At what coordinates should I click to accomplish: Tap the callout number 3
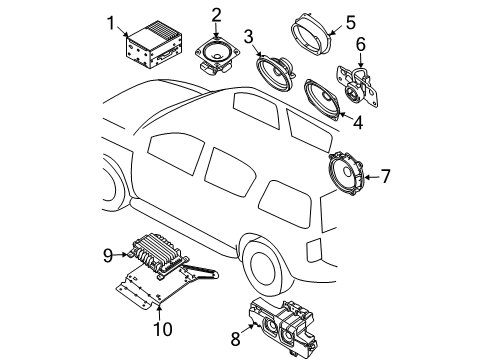247,38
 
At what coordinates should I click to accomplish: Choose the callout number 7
385,176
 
